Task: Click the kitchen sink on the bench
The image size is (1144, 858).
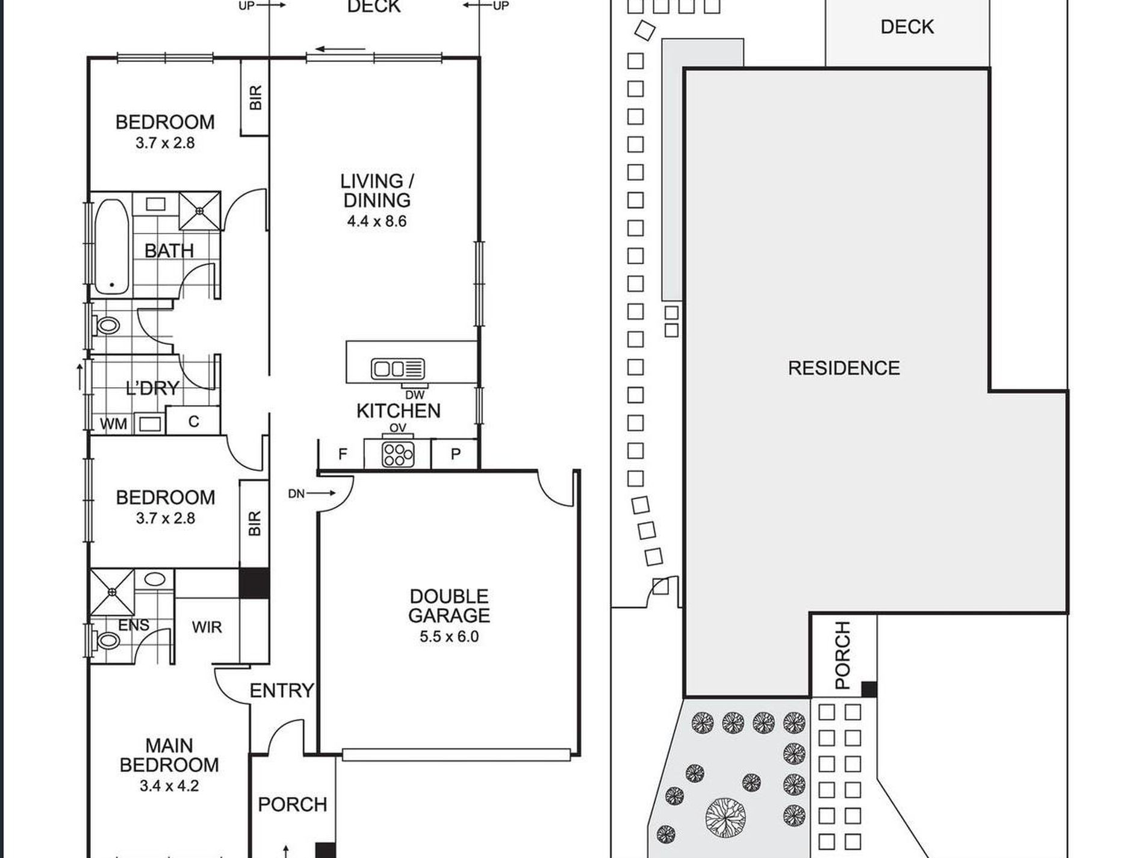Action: coord(398,368)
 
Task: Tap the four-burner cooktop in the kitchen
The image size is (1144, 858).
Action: coord(398,455)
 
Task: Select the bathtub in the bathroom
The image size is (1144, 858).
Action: coord(111,247)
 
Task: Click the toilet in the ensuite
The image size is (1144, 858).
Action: coord(107,639)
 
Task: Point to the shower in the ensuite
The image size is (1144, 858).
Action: coord(113,592)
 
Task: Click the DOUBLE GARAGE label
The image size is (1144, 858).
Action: coord(449,606)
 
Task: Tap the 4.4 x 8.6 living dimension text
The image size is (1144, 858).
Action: coord(377,221)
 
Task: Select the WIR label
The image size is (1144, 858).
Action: coord(207,627)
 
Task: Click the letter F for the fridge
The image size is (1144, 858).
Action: coord(343,454)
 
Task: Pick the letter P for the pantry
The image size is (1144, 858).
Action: coord(456,454)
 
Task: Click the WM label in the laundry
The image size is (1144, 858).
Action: coord(113,424)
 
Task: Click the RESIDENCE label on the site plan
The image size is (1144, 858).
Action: coord(844,368)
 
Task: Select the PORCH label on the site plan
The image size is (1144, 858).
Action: coord(844,655)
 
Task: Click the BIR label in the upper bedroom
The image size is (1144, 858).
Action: coord(255,98)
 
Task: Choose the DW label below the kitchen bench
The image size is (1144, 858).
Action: coord(415,395)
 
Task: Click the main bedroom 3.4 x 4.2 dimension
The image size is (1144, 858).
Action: coord(169,785)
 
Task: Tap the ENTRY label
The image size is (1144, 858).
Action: coord(282,691)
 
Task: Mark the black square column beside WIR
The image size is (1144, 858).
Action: coord(254,583)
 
